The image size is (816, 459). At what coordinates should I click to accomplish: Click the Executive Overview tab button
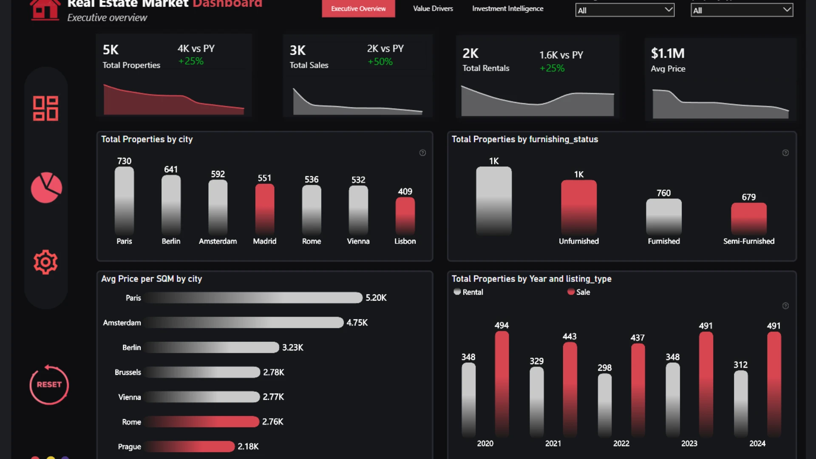[x=358, y=8]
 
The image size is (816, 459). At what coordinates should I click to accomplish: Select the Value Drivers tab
[x=433, y=8]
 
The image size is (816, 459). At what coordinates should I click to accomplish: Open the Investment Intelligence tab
[x=507, y=8]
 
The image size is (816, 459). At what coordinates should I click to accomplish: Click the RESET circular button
[x=49, y=385]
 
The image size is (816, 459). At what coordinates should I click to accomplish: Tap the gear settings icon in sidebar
[x=45, y=262]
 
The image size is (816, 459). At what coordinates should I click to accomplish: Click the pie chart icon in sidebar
[x=46, y=187]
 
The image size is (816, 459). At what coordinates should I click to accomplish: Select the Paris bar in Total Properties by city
[x=124, y=200]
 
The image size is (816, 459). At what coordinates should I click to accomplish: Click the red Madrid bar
[x=264, y=208]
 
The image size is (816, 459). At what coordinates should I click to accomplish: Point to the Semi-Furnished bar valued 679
[x=748, y=218]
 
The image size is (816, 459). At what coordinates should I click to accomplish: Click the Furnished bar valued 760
[x=663, y=216]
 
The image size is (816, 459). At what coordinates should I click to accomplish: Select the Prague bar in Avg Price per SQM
[x=189, y=446]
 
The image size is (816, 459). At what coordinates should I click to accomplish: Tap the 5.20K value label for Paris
[x=376, y=298]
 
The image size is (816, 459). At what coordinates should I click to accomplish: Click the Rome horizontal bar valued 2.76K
[x=201, y=422]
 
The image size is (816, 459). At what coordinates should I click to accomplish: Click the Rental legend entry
[x=468, y=292]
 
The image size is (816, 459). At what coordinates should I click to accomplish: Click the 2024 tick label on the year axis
[x=757, y=444]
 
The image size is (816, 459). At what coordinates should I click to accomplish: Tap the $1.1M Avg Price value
[x=668, y=54]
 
